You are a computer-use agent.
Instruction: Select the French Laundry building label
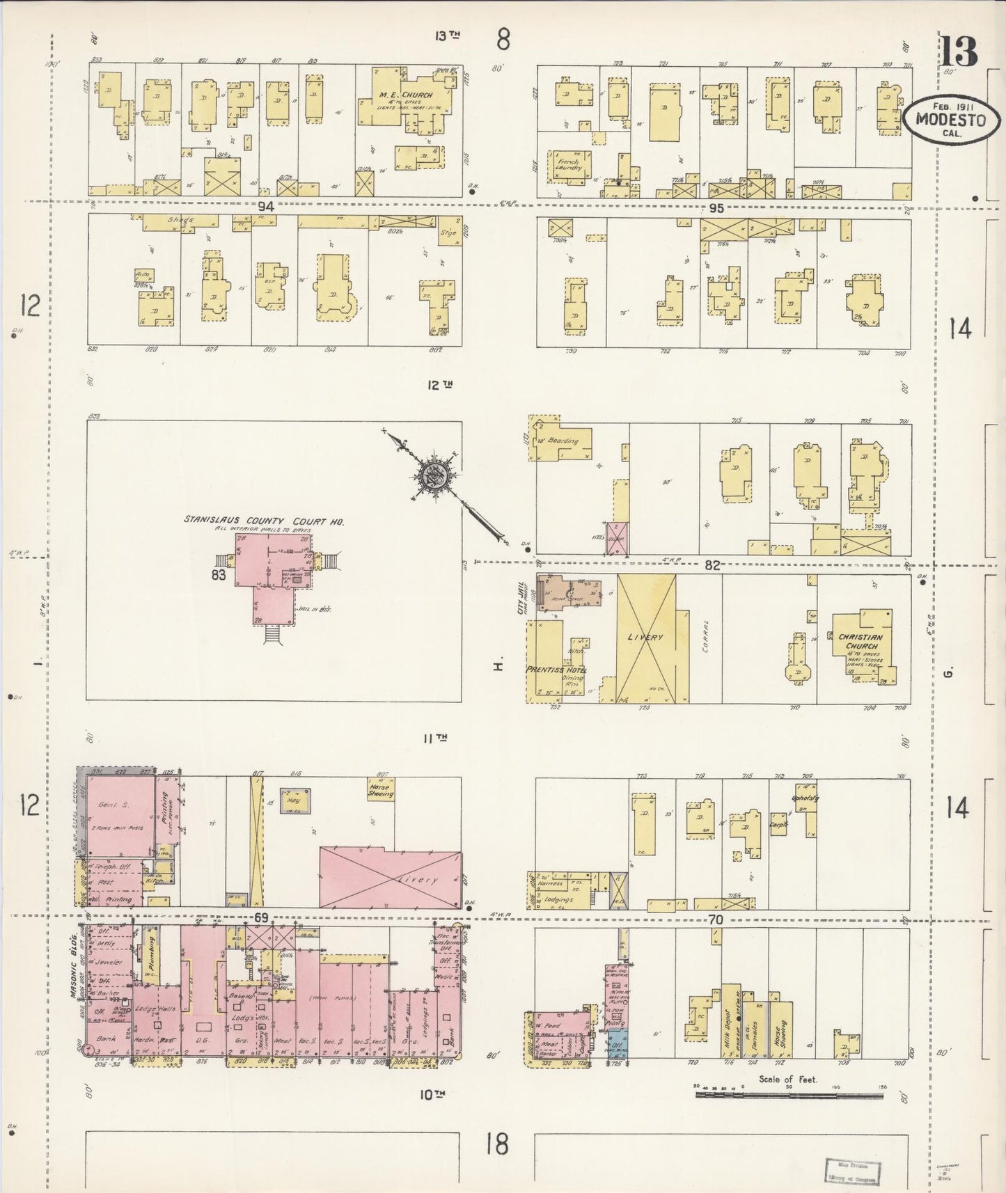point(568,165)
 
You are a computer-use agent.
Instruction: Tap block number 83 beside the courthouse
point(220,575)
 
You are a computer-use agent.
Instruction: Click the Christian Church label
point(860,641)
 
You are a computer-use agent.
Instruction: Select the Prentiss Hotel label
point(556,670)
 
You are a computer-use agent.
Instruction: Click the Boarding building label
point(563,441)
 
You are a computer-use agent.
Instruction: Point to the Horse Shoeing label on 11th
point(380,789)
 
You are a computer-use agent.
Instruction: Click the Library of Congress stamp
point(853,1172)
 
